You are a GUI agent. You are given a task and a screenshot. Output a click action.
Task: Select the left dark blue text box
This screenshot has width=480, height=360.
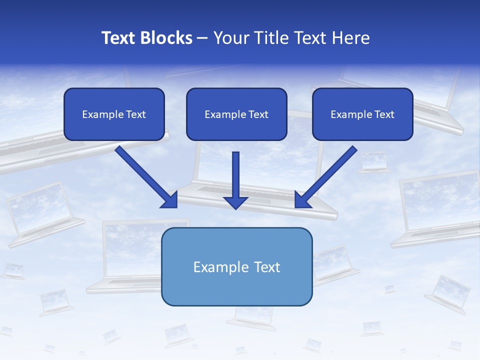coord(114,114)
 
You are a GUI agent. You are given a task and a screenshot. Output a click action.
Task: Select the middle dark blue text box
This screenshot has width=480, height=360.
coord(236,114)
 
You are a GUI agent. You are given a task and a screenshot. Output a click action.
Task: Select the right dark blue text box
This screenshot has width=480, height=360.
coord(362,114)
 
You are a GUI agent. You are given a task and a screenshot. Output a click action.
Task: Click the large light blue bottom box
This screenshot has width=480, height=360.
coord(236,266)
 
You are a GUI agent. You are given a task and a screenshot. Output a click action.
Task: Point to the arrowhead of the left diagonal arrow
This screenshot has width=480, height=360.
coord(170,200)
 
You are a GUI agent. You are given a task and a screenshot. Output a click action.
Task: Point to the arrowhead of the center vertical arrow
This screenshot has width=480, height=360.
coord(235,202)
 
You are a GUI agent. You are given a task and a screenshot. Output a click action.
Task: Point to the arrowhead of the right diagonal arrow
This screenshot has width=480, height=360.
coord(302,200)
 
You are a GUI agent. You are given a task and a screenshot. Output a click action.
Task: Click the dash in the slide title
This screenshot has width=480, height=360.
coord(202,38)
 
